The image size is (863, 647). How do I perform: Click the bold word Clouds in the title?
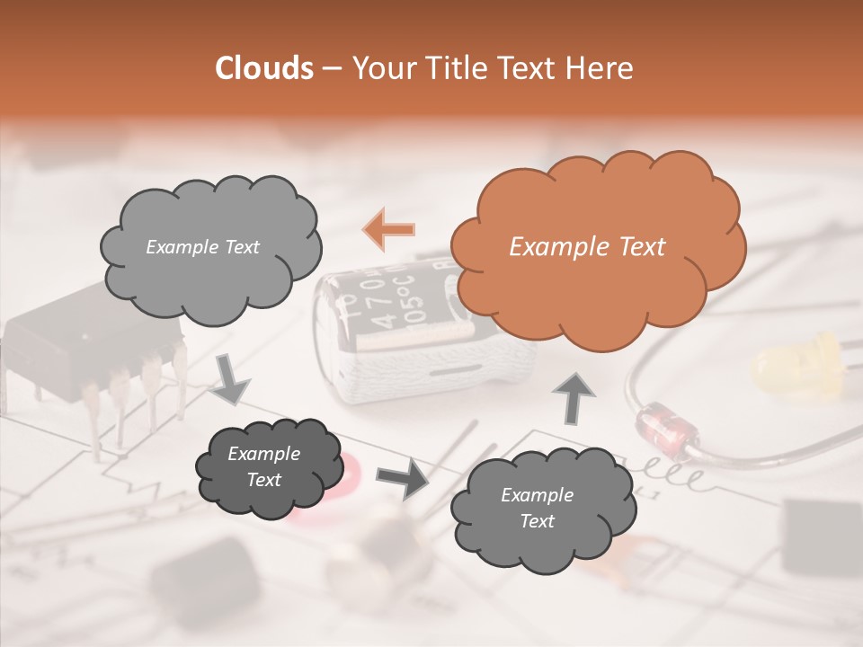point(263,68)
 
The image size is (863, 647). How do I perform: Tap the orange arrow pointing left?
point(388,229)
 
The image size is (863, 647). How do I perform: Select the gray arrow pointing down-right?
point(231,379)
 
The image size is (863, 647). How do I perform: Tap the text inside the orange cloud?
point(587,247)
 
